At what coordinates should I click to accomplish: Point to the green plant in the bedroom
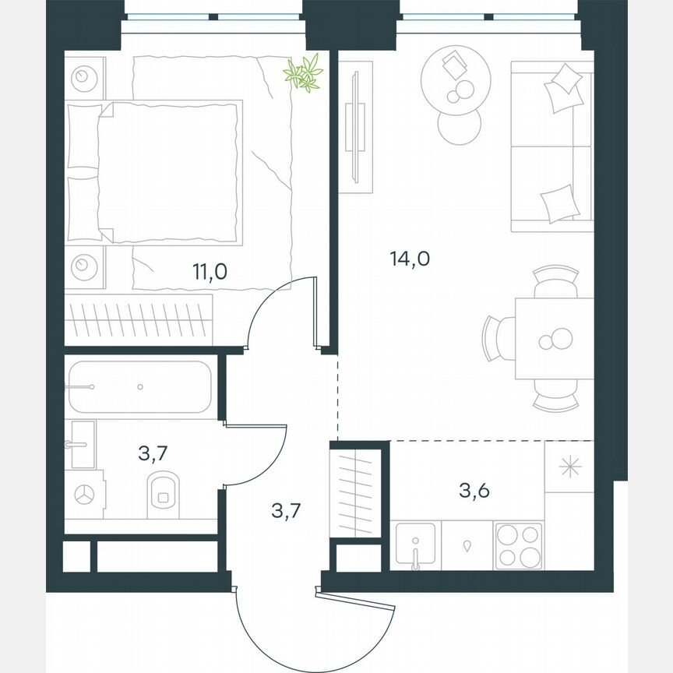click(x=303, y=73)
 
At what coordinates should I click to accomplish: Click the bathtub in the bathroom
click(x=139, y=387)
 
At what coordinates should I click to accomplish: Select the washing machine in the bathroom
click(x=84, y=493)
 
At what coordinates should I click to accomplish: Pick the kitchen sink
click(x=415, y=545)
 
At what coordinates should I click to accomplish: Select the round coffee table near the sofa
click(x=456, y=76)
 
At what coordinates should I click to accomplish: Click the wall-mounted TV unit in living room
click(x=354, y=129)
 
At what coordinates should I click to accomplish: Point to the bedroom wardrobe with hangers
click(x=139, y=320)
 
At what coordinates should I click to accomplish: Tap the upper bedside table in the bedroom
click(x=84, y=78)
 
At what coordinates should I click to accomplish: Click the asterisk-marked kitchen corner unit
click(x=570, y=467)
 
